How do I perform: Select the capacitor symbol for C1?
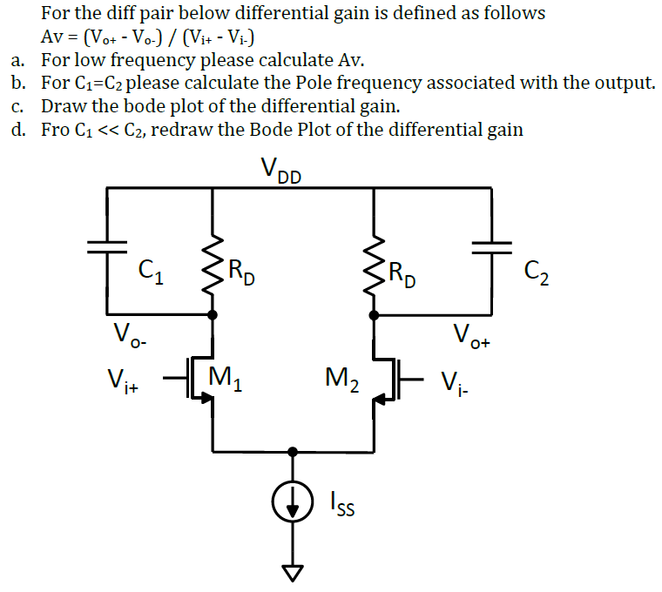(x=106, y=246)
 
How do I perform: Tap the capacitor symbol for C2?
(x=491, y=246)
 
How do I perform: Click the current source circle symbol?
(x=293, y=504)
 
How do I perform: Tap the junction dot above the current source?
(x=293, y=452)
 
